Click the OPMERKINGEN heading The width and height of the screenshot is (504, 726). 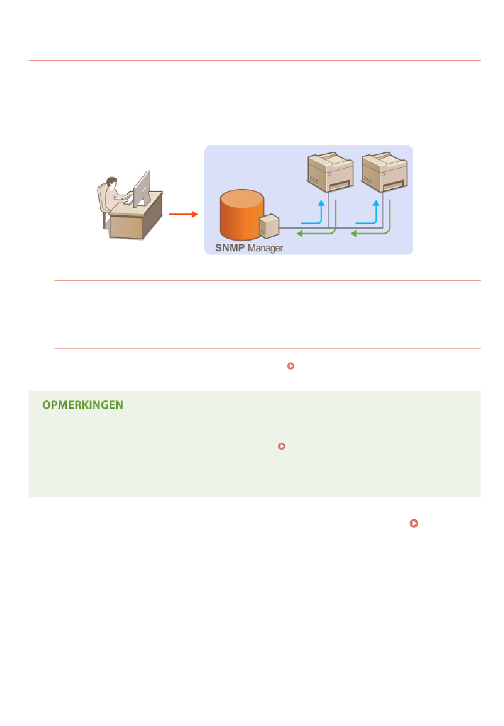(83, 405)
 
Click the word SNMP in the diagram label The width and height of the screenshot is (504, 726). (230, 248)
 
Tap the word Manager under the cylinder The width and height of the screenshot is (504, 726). (265, 248)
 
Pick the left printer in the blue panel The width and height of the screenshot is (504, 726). (330, 172)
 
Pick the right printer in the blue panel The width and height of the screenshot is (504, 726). (384, 172)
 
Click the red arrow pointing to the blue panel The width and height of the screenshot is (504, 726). (183, 214)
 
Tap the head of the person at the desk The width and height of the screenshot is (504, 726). (111, 182)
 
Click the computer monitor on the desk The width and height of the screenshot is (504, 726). (142, 189)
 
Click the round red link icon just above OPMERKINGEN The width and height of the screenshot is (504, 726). (291, 366)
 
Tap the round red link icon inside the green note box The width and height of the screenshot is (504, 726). (282, 447)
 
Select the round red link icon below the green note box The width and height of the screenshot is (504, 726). (414, 523)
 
